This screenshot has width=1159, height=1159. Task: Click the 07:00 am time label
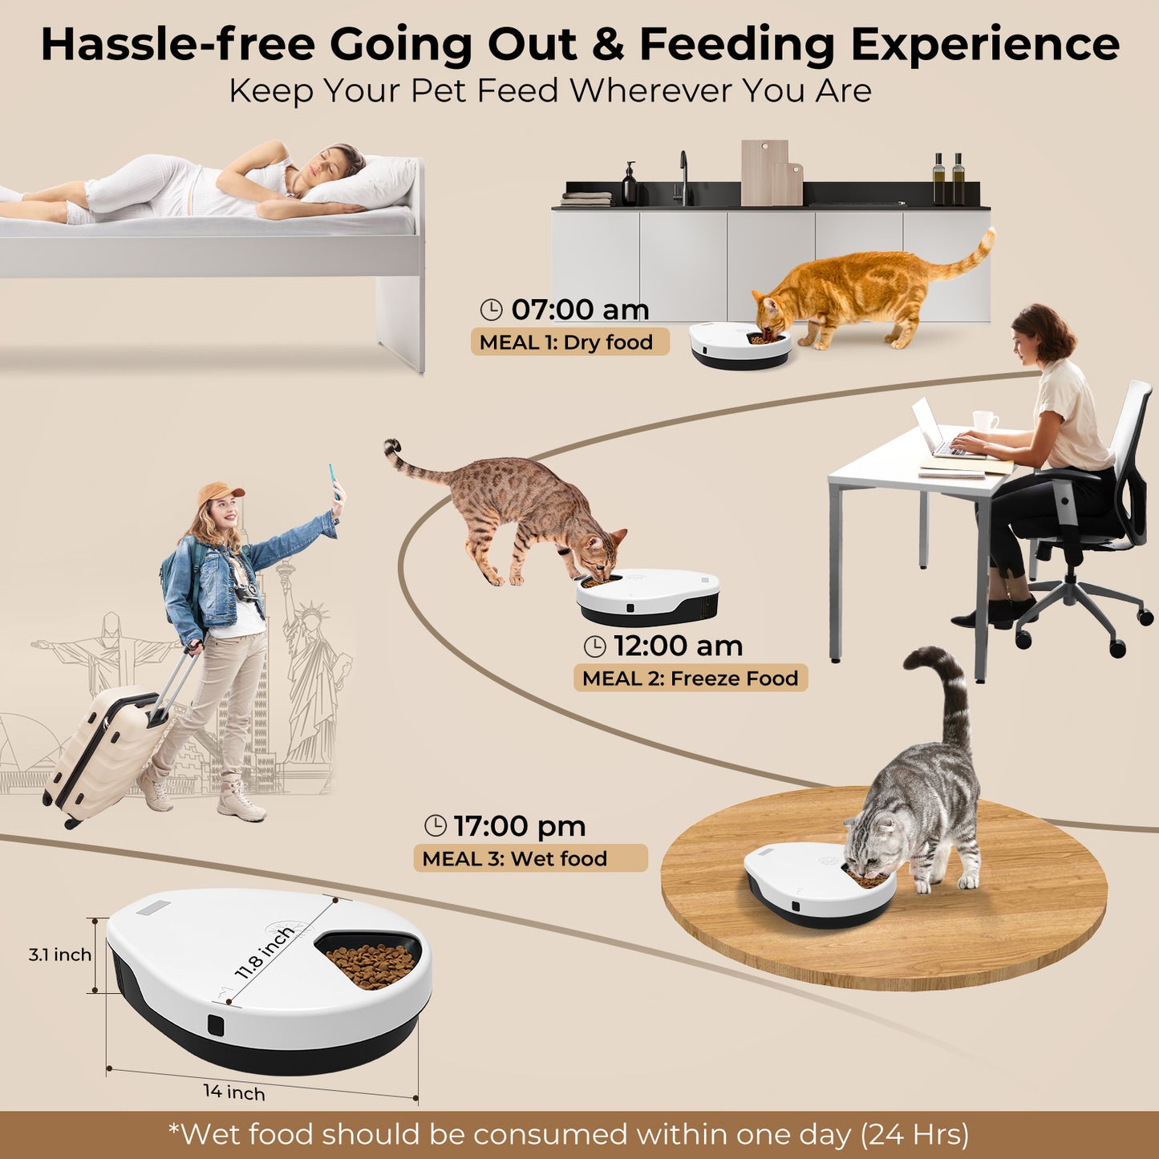[x=580, y=310]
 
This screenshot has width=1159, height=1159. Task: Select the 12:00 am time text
[x=678, y=646]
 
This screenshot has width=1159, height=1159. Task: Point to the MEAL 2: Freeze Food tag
[x=690, y=679]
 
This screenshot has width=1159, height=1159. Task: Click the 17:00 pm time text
[x=519, y=826]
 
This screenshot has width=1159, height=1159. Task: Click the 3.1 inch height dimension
[x=59, y=954]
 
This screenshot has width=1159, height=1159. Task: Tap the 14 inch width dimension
[x=233, y=1092]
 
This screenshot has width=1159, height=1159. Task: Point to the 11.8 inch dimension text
[x=265, y=952]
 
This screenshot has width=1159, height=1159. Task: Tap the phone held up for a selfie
[x=332, y=480]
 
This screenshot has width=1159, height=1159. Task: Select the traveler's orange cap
[x=218, y=492]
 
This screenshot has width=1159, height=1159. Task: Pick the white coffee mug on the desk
[x=984, y=421]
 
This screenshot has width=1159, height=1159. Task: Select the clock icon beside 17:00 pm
[x=436, y=825]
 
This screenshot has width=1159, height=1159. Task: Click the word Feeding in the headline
[x=736, y=45]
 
